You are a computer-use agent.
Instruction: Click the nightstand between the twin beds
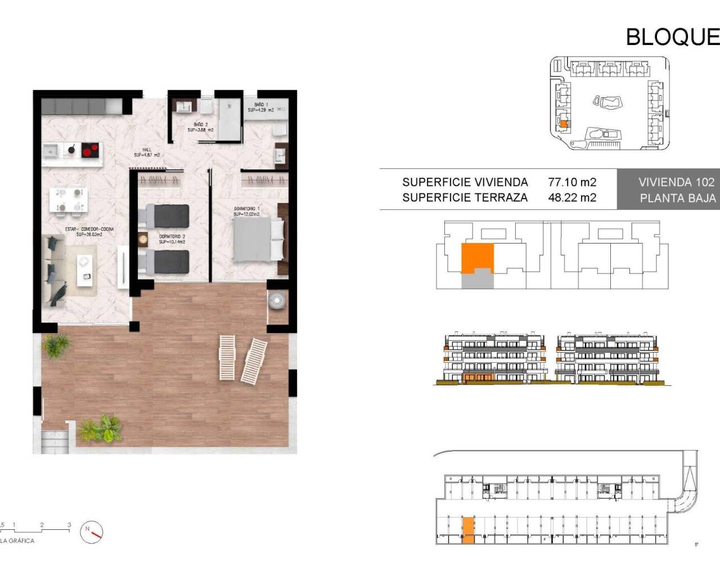click(143, 238)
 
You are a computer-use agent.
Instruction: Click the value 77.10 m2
click(572, 182)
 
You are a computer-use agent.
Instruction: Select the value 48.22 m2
click(572, 197)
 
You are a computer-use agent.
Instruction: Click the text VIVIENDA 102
click(676, 182)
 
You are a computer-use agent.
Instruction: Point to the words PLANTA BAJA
click(677, 198)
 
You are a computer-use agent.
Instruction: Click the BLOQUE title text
click(672, 37)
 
